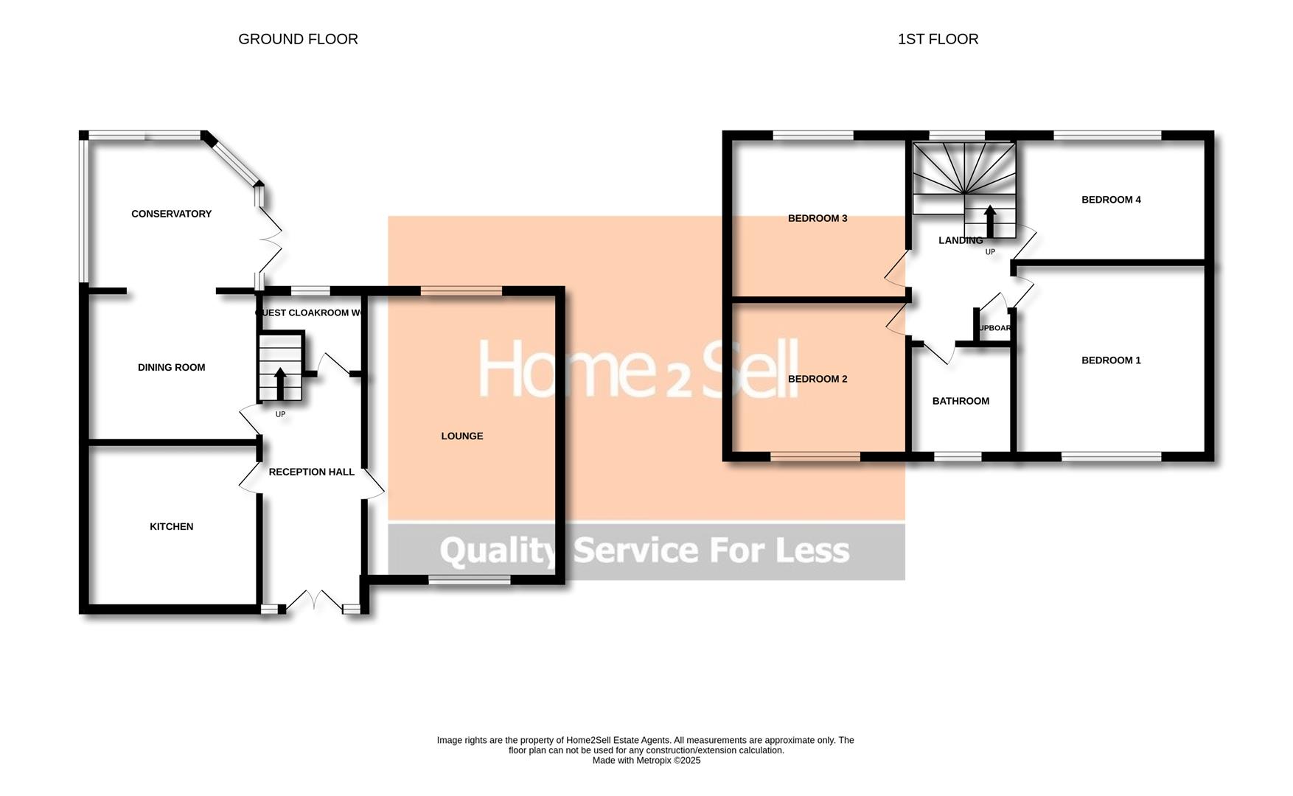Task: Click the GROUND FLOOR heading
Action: pyautogui.click(x=298, y=39)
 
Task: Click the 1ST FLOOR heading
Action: pyautogui.click(x=938, y=39)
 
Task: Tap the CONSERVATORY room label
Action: pyautogui.click(x=171, y=214)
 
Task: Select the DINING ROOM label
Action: pyautogui.click(x=171, y=367)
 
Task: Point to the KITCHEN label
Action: pyautogui.click(x=171, y=526)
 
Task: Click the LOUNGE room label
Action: pyautogui.click(x=462, y=436)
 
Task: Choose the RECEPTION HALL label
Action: pyautogui.click(x=311, y=472)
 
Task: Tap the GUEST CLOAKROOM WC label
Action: pyautogui.click(x=310, y=313)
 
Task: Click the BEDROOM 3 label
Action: pyautogui.click(x=818, y=218)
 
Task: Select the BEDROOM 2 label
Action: pyautogui.click(x=818, y=379)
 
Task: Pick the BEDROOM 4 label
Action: pyautogui.click(x=1111, y=200)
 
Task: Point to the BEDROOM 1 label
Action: pyautogui.click(x=1111, y=360)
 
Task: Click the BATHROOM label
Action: pyautogui.click(x=961, y=401)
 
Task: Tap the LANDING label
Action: pyautogui.click(x=960, y=240)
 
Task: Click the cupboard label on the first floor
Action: pyautogui.click(x=994, y=328)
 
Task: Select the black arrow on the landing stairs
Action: pyautogui.click(x=990, y=220)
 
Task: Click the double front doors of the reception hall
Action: pyautogui.click(x=314, y=600)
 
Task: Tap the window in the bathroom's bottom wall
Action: pyautogui.click(x=958, y=457)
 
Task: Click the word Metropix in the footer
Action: pyautogui.click(x=657, y=761)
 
